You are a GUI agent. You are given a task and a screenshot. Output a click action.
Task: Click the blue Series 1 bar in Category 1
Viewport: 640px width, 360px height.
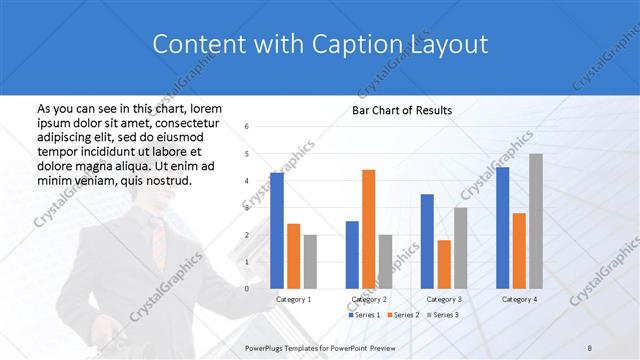[x=277, y=230]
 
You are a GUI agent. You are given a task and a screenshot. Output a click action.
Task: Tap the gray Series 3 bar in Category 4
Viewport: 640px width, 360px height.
[x=536, y=221]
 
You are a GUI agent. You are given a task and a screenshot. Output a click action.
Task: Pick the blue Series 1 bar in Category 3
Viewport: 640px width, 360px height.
[x=427, y=241]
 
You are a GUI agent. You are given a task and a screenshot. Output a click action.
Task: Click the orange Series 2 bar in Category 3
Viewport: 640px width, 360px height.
[x=444, y=264]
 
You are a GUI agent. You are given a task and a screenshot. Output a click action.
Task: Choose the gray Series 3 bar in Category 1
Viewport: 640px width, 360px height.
[x=310, y=261]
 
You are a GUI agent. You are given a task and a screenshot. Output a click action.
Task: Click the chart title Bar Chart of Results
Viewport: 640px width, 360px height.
[x=401, y=110]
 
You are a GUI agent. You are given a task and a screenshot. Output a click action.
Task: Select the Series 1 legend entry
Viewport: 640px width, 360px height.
[x=363, y=315]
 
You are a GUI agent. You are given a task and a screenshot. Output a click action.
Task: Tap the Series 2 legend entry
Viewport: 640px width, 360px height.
[x=402, y=315]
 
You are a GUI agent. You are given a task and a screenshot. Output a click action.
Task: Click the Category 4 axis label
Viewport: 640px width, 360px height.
[x=518, y=299]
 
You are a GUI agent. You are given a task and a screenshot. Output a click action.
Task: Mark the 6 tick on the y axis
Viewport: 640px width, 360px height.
[x=247, y=126]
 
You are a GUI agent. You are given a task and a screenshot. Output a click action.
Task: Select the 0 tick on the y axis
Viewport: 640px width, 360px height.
[x=247, y=288]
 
